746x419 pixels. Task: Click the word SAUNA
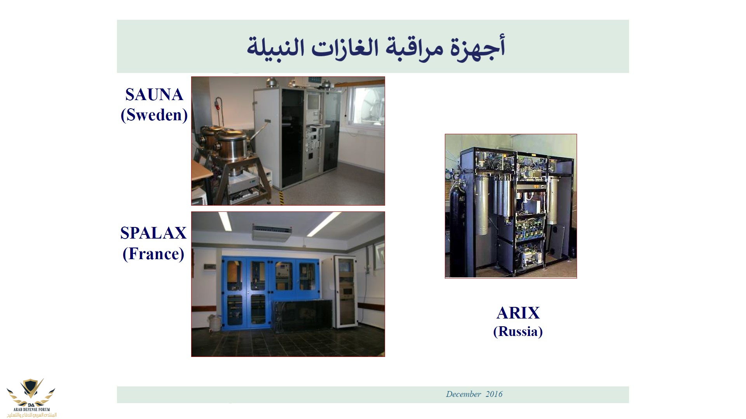pos(154,95)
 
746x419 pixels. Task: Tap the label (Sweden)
pos(154,115)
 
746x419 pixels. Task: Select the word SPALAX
pos(153,233)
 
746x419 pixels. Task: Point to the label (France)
pos(153,254)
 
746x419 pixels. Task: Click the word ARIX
pos(518,313)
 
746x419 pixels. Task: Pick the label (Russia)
pos(518,331)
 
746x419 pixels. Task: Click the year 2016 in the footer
pos(494,394)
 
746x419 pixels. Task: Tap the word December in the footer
pos(464,394)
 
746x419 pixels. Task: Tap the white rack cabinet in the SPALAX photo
pos(346,292)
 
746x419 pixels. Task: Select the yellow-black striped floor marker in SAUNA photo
pos(282,198)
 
